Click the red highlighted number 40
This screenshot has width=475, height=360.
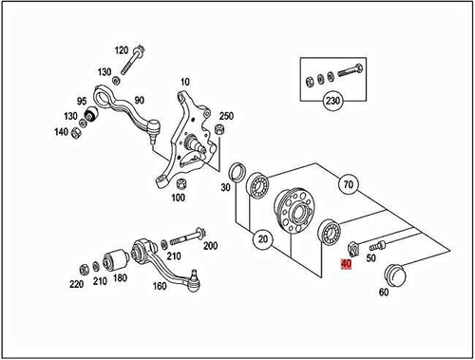[346, 264]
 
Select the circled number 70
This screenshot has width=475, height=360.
[349, 184]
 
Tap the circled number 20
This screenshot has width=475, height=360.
[263, 238]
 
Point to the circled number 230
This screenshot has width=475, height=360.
[332, 101]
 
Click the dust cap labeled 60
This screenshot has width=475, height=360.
[394, 275]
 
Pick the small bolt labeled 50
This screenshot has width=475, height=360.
[376, 244]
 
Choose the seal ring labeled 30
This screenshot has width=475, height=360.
[237, 172]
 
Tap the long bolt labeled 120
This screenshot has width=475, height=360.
[131, 61]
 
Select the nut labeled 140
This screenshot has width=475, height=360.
[76, 133]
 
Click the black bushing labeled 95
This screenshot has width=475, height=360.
[92, 115]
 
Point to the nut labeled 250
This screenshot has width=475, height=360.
[218, 129]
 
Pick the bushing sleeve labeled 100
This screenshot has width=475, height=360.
[181, 184]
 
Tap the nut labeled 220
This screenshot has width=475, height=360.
[84, 270]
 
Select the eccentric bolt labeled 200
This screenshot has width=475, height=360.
[188, 237]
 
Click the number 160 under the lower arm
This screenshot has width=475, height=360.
[160, 286]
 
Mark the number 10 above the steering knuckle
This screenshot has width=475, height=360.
[185, 82]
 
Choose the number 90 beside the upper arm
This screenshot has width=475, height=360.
[139, 101]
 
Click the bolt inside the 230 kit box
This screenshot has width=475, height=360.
[351, 69]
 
